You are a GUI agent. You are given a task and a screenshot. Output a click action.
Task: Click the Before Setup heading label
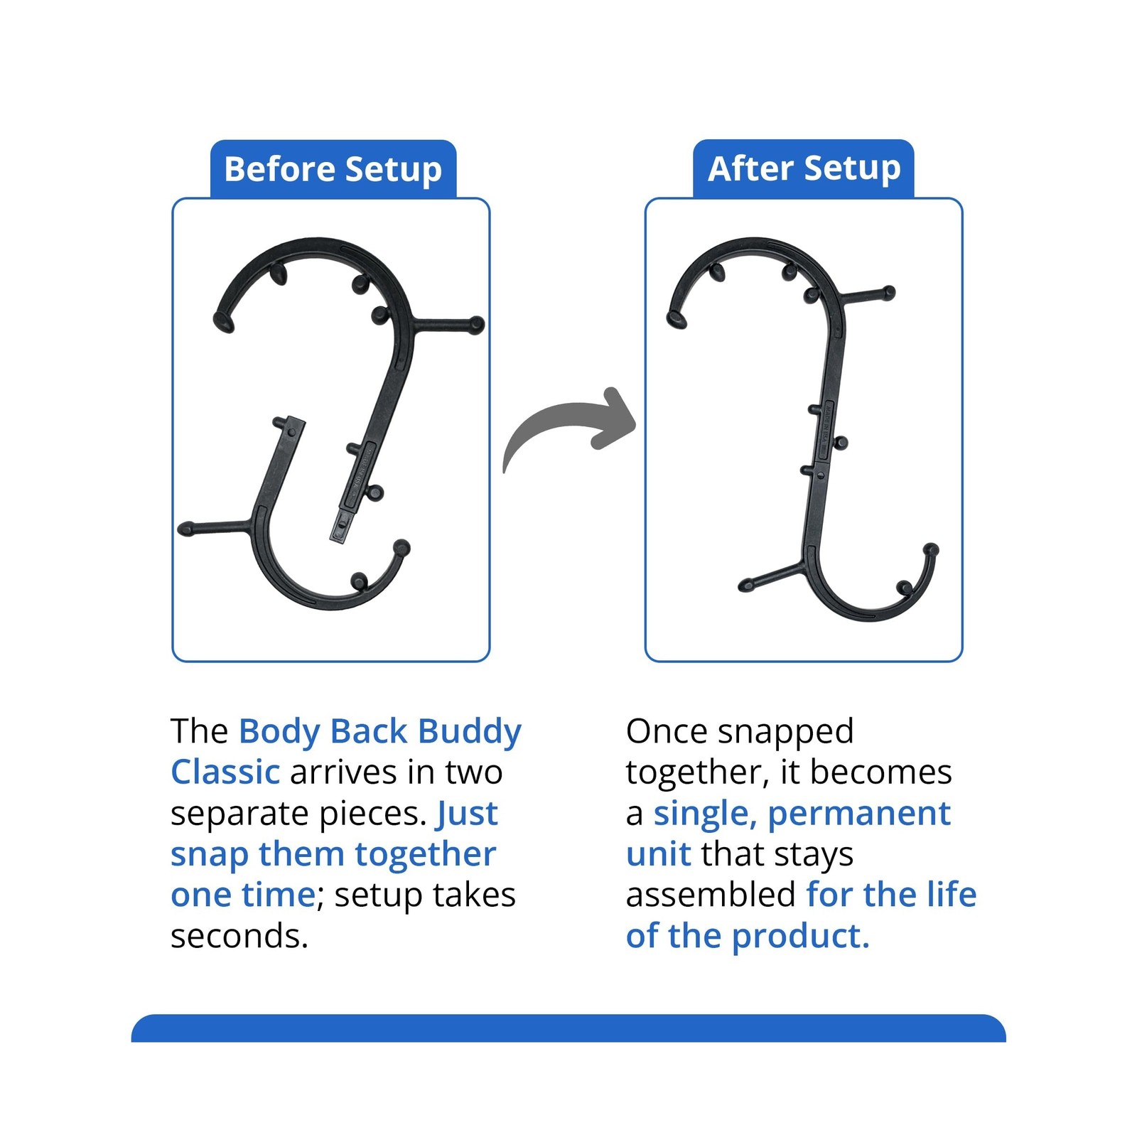click(333, 169)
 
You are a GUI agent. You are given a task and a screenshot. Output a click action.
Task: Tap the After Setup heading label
click(804, 168)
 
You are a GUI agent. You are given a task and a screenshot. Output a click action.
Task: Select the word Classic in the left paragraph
click(225, 772)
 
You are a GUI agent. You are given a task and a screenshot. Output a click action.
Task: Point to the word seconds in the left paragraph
click(239, 936)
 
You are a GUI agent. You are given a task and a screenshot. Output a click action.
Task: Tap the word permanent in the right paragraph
click(859, 814)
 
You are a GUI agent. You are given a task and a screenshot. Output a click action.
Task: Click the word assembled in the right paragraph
click(711, 895)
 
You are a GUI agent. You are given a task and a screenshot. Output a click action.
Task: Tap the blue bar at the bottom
click(568, 1028)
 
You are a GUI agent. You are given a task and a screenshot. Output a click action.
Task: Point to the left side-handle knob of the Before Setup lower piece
click(186, 529)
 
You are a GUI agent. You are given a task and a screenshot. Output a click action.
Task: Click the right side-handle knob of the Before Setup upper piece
click(476, 325)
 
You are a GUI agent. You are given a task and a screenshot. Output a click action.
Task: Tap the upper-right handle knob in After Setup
click(888, 292)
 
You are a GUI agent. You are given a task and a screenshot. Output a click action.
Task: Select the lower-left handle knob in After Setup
click(745, 586)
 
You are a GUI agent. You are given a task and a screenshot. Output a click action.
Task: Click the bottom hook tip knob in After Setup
click(931, 549)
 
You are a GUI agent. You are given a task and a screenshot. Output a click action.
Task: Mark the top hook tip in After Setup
click(675, 320)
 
